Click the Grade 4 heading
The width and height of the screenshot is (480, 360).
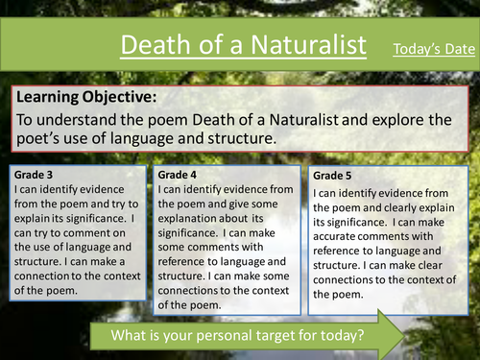tap(180, 176)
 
